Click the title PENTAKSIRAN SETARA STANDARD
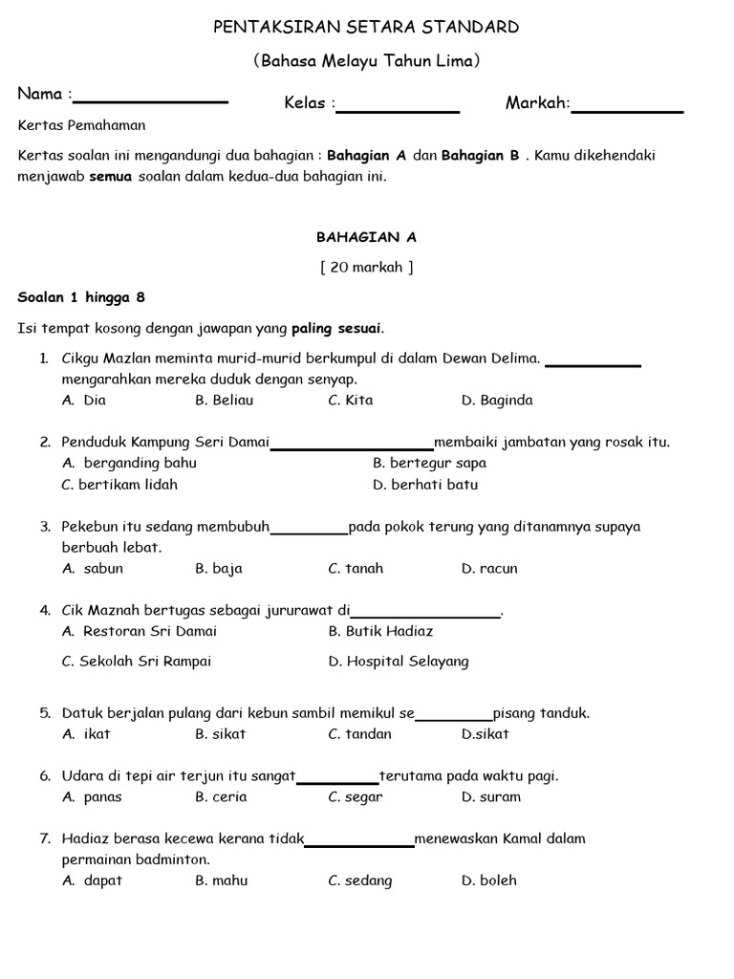click(366, 27)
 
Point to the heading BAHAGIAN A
click(367, 236)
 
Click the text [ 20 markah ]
click(367, 267)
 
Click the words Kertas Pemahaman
click(82, 125)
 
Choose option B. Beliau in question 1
click(224, 401)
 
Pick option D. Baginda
click(497, 401)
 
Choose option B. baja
click(219, 569)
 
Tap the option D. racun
click(489, 569)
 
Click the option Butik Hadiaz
click(380, 631)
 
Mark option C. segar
click(356, 797)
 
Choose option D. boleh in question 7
click(489, 881)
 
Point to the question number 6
click(45, 775)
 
